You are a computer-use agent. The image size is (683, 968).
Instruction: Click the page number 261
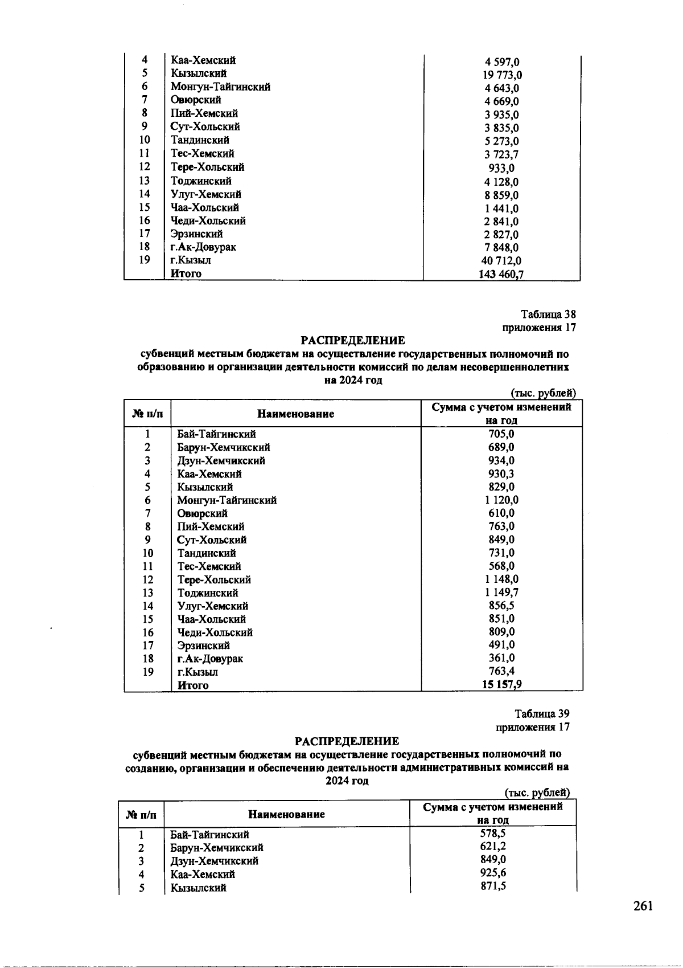(x=643, y=906)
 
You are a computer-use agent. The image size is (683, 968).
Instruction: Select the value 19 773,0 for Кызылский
(x=501, y=75)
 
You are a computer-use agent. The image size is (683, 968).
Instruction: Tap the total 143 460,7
(x=501, y=275)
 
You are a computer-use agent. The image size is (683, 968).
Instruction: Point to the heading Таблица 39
(x=542, y=714)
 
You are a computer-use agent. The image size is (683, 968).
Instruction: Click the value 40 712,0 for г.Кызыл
(x=501, y=261)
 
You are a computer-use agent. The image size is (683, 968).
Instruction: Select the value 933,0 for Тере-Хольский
(x=501, y=169)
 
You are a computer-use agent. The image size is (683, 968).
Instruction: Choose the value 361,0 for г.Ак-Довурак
(x=501, y=658)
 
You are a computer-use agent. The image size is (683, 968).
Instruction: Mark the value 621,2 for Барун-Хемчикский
(x=493, y=847)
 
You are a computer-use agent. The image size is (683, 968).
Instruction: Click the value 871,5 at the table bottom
(x=493, y=886)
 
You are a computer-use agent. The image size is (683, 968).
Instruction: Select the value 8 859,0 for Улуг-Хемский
(x=501, y=195)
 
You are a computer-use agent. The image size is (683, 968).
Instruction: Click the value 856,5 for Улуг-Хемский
(x=501, y=606)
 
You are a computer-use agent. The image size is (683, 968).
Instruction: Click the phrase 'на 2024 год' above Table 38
(x=353, y=381)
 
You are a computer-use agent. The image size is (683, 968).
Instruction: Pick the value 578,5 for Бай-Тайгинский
(x=493, y=834)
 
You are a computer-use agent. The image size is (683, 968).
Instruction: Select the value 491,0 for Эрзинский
(x=501, y=645)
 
